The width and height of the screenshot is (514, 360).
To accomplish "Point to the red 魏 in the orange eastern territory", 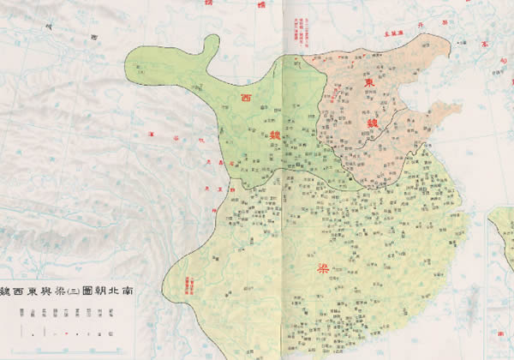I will coord(374,123).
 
